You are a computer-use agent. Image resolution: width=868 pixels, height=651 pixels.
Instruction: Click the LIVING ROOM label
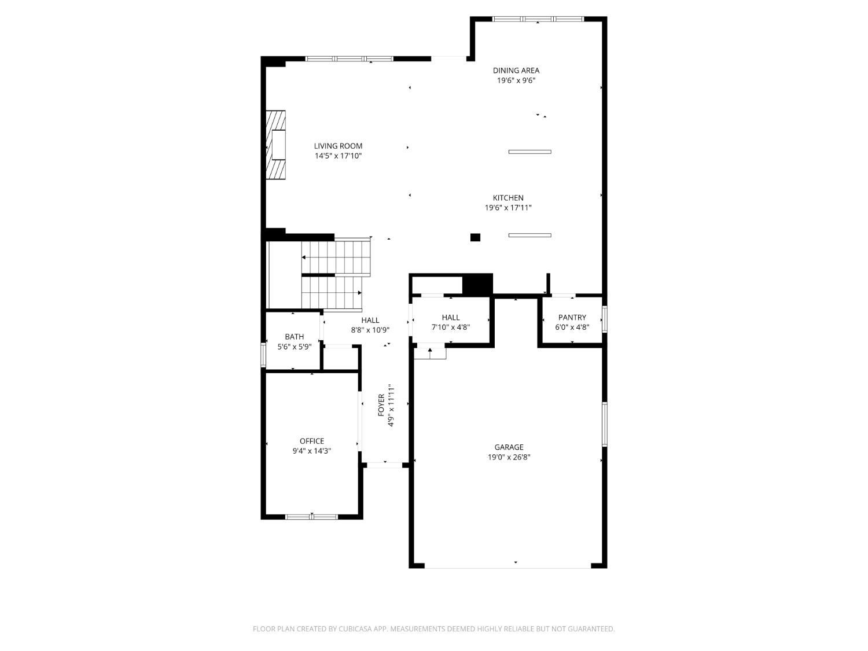coord(338,146)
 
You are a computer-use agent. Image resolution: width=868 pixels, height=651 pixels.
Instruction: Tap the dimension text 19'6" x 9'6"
coord(516,80)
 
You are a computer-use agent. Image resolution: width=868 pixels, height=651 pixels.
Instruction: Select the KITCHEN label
coord(508,198)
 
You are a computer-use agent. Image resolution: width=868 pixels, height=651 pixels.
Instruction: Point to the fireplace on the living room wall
coord(275,145)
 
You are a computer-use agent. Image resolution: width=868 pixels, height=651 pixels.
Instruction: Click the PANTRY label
coord(572,317)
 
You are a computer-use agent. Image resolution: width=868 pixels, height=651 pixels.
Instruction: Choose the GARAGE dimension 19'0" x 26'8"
coord(509,457)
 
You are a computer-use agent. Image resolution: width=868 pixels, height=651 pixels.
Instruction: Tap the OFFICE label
coord(311,441)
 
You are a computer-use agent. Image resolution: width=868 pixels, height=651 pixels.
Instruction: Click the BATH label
coord(294,337)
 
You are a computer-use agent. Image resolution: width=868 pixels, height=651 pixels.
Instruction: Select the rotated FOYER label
coord(381,404)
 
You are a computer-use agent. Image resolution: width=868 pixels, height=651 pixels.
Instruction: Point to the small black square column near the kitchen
coord(475,237)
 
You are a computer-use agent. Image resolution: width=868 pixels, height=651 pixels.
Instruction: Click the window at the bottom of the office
coord(311,517)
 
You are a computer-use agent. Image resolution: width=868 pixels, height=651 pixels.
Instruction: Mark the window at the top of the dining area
coord(538,19)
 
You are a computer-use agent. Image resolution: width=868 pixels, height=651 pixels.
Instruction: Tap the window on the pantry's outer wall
coord(604,319)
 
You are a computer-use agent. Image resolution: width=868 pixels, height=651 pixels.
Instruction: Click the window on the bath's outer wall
coord(263,355)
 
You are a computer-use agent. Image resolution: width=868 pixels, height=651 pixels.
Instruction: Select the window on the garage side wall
coord(604,424)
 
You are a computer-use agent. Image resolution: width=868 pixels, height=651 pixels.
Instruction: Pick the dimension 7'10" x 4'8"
coord(450,327)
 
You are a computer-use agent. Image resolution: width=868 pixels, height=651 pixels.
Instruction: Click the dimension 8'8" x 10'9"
coord(370,330)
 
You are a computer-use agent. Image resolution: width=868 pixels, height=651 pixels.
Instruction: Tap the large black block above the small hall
coord(478,284)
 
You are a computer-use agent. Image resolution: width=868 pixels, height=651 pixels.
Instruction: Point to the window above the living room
coord(349,59)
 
